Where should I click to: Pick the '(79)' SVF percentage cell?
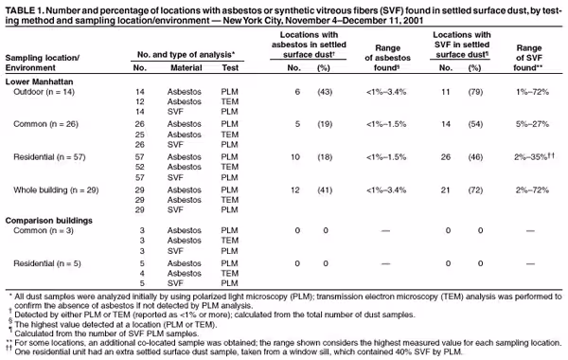(471, 90)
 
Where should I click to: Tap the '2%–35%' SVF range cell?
(525, 156)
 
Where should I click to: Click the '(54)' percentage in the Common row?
(471, 123)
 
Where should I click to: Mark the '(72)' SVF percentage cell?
(471, 189)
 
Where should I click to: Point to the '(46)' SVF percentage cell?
(471, 156)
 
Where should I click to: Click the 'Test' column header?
(229, 68)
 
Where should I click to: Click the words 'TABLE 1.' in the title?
(26, 7)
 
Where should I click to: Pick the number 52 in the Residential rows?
(141, 167)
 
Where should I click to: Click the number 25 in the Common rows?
(141, 134)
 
